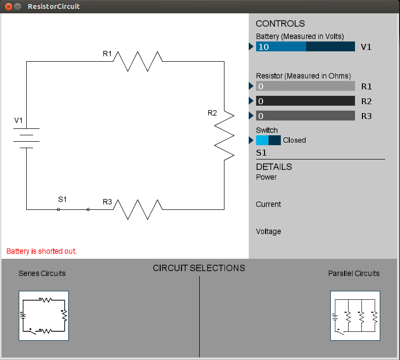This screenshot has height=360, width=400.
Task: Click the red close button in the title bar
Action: [x=8, y=6]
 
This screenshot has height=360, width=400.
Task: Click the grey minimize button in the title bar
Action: [x=17, y=6]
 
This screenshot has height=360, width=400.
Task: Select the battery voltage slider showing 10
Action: [x=306, y=46]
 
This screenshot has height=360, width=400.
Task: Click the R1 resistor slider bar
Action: [x=306, y=86]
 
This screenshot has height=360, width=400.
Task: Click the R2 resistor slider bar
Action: [x=306, y=101]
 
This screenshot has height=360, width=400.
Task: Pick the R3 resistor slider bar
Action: [x=306, y=116]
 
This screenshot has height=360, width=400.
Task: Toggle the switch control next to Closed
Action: [x=268, y=140]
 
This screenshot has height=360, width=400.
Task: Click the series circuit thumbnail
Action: [x=44, y=316]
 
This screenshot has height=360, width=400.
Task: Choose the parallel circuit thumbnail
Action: [x=355, y=316]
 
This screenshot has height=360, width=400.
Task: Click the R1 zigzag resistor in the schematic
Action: [x=138, y=61]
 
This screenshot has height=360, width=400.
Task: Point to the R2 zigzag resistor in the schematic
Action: [x=224, y=135]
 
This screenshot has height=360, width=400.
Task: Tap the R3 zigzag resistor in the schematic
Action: [x=138, y=210]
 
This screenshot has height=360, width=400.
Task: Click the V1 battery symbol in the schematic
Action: [x=26, y=138]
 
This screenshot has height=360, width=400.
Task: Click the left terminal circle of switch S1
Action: [x=58, y=209]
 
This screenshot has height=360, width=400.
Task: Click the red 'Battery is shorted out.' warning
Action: [x=42, y=251]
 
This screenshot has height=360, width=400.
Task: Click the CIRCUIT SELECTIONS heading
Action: [x=199, y=268]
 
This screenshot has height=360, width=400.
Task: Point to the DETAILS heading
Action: [x=274, y=167]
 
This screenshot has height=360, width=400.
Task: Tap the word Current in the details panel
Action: [x=268, y=204]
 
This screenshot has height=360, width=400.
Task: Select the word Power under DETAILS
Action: [x=266, y=177]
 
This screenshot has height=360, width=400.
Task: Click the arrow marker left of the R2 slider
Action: [x=251, y=101]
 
